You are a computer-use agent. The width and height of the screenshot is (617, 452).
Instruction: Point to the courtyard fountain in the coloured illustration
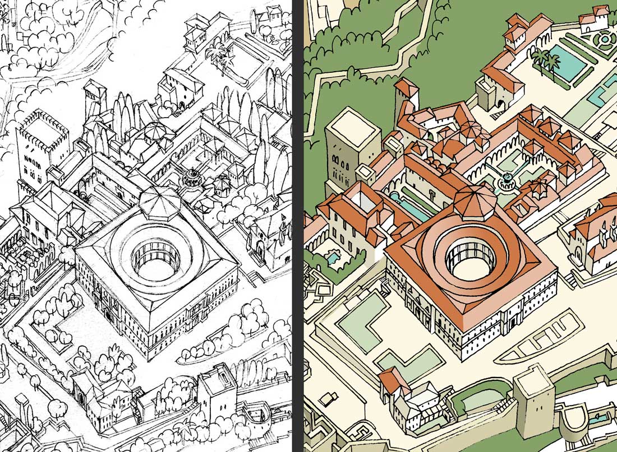pos(507,179)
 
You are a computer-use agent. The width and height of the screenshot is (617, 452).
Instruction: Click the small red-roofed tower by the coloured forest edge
pos(407,95)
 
